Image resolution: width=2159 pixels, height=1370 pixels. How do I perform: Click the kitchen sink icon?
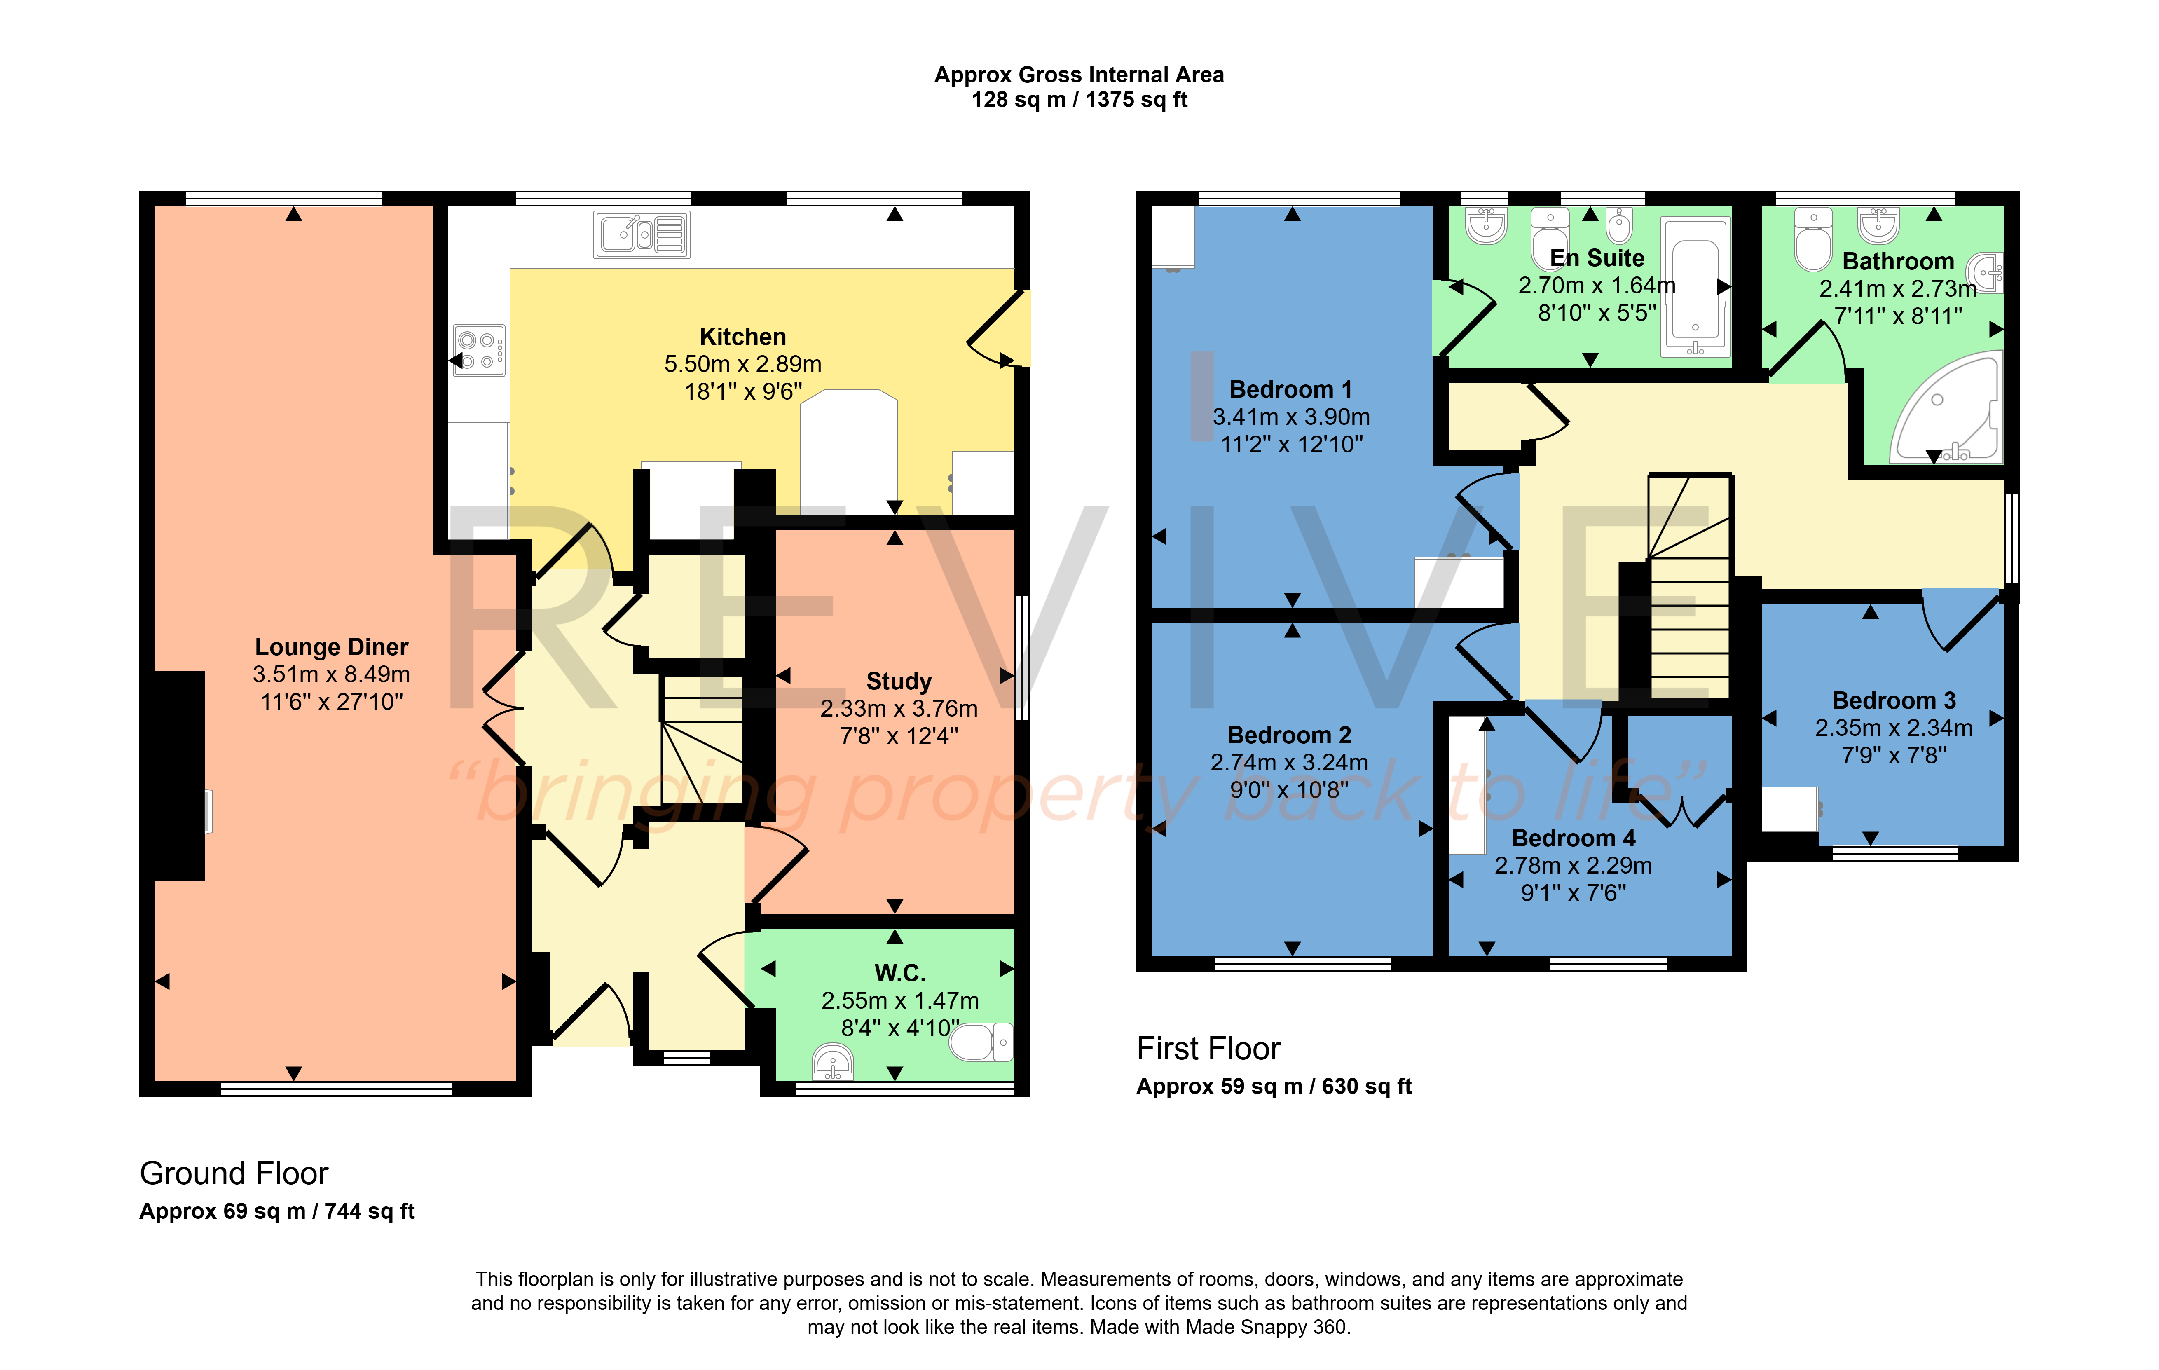642,235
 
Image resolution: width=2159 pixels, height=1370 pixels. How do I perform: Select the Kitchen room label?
742,337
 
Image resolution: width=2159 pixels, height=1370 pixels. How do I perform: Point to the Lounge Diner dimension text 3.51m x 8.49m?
332,674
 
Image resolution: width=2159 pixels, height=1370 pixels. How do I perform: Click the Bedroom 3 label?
1894,701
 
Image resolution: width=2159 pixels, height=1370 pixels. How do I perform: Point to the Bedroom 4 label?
1574,838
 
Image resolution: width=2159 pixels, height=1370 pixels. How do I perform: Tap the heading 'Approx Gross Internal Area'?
1079,75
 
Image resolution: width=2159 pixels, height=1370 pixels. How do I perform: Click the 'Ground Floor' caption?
234,1173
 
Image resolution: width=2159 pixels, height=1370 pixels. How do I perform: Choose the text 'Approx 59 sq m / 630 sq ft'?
1274,1087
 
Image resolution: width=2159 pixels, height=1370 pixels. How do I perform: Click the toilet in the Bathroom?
1813,240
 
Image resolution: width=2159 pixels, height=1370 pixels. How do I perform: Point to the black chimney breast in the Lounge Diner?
179,775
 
